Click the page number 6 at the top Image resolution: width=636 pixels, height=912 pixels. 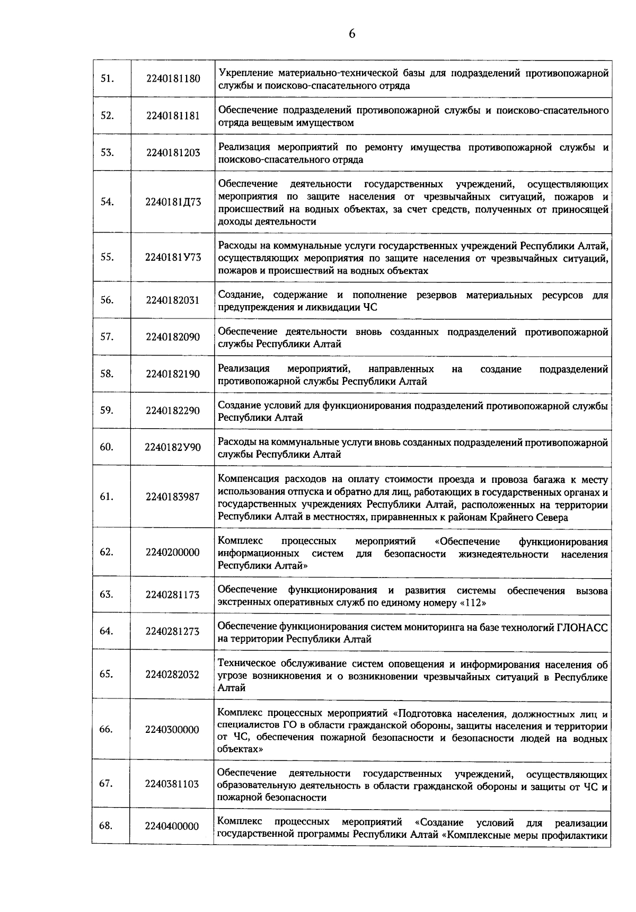click(x=352, y=34)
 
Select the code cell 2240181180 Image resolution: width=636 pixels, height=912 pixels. click(x=173, y=79)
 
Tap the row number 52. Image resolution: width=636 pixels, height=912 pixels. click(x=107, y=116)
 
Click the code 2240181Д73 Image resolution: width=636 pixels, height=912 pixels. click(x=173, y=202)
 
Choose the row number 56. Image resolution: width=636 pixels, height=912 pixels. click(x=107, y=300)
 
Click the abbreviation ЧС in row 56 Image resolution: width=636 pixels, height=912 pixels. click(x=370, y=307)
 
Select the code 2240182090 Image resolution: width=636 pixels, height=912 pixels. click(x=173, y=337)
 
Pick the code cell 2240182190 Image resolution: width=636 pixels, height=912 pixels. click(x=173, y=374)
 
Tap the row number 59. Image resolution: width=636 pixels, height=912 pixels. click(x=107, y=410)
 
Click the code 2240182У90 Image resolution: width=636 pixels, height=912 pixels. click(x=173, y=447)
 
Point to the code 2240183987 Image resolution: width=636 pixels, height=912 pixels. click(x=173, y=497)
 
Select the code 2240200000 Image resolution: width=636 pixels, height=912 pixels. click(x=173, y=552)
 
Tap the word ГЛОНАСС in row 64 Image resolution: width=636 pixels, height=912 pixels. click(x=582, y=627)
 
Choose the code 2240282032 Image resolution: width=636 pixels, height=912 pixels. click(x=173, y=675)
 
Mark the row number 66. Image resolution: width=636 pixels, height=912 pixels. click(x=106, y=729)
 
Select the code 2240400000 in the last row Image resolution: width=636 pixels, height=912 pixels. click(x=173, y=826)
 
